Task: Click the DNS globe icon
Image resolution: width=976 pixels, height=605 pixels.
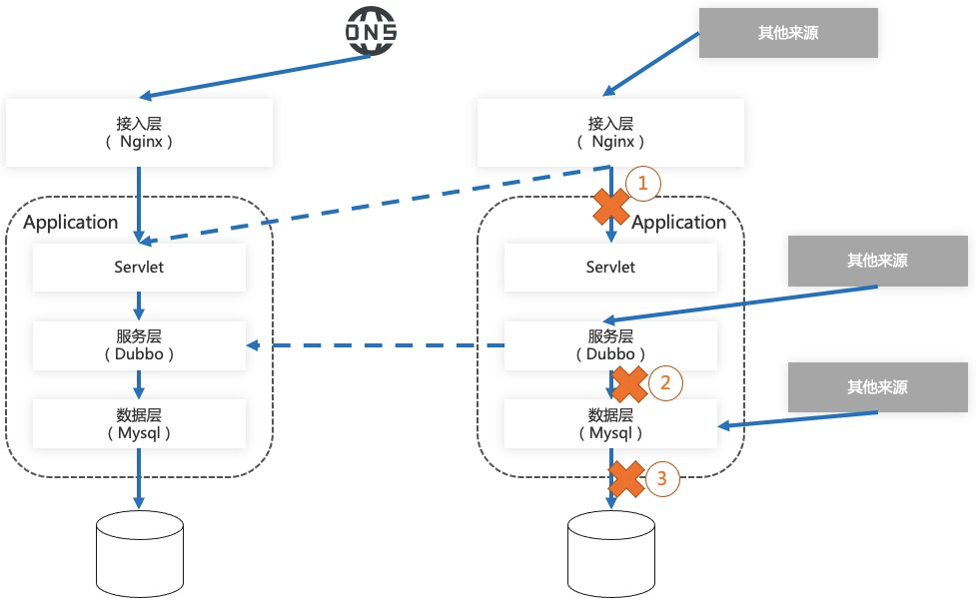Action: pos(372,31)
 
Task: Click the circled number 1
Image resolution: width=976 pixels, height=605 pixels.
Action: pos(643,183)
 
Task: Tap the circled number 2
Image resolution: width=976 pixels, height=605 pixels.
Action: pos(665,381)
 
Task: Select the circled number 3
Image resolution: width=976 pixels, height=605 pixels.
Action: pos(661,478)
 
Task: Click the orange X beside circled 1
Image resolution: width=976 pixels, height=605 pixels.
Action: pos(611,206)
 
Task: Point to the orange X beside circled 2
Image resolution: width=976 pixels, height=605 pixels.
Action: pos(629,382)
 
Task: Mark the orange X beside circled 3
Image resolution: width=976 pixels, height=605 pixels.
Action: pos(625,479)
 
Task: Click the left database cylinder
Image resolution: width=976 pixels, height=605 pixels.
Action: pos(139,555)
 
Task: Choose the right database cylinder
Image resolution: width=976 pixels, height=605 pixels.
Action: pos(611,555)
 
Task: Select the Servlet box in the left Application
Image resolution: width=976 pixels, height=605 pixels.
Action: pos(139,268)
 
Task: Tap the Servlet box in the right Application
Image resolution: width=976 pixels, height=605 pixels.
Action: pos(610,268)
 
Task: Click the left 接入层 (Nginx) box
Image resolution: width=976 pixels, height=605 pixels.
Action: pos(139,133)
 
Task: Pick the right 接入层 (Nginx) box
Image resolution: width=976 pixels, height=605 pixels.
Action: pos(610,133)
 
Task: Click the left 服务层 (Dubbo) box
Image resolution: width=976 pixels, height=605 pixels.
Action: pos(139,345)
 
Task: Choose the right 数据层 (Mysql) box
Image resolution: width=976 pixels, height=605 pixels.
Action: pos(610,423)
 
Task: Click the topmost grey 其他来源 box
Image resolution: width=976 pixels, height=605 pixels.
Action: pos(787,33)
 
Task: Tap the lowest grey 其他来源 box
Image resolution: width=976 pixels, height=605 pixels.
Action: pos(878,387)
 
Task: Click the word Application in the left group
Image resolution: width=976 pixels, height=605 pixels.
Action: pos(70,222)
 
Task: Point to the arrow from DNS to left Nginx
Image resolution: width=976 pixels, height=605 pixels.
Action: pos(255,76)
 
